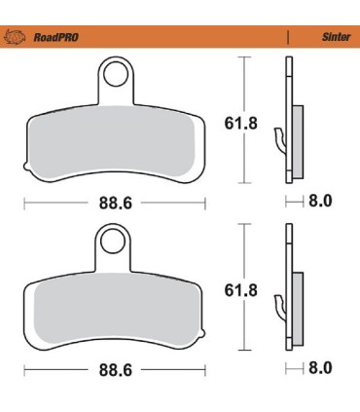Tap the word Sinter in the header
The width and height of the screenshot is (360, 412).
click(x=336, y=39)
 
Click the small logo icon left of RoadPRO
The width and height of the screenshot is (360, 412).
click(x=17, y=39)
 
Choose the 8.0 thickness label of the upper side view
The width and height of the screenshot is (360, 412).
click(x=320, y=202)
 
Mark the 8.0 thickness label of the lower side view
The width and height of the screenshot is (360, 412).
click(x=320, y=368)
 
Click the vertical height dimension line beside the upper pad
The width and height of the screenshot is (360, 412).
click(x=243, y=121)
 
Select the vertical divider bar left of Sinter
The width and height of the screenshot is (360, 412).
click(x=289, y=39)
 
